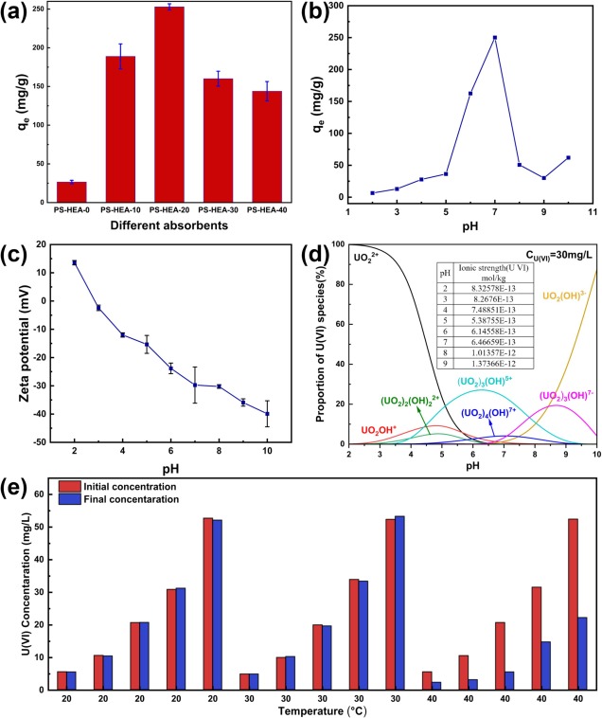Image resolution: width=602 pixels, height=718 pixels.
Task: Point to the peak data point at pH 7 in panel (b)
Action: [494, 38]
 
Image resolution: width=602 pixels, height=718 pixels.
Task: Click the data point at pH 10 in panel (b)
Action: [567, 157]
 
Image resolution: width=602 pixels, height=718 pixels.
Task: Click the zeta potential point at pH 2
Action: [74, 262]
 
